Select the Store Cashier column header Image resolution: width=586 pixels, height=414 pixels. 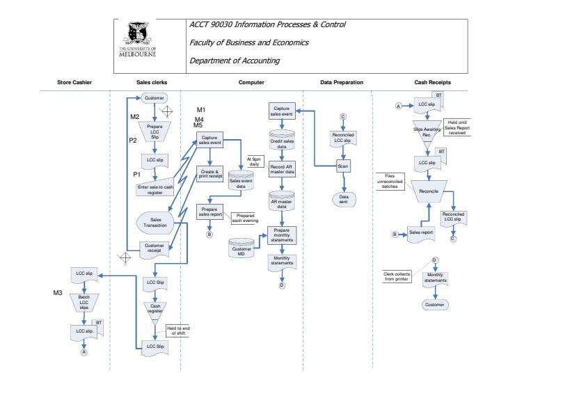(x=74, y=83)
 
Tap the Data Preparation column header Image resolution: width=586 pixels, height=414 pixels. (x=342, y=83)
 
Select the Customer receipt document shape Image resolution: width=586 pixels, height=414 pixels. (x=154, y=248)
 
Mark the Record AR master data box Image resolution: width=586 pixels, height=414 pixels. (x=282, y=170)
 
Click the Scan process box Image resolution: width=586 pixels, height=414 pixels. (x=342, y=167)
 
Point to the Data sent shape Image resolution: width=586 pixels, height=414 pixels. (x=343, y=198)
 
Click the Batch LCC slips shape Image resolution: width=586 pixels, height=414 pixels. (x=84, y=302)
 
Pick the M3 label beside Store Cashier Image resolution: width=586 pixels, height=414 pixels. (x=59, y=293)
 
